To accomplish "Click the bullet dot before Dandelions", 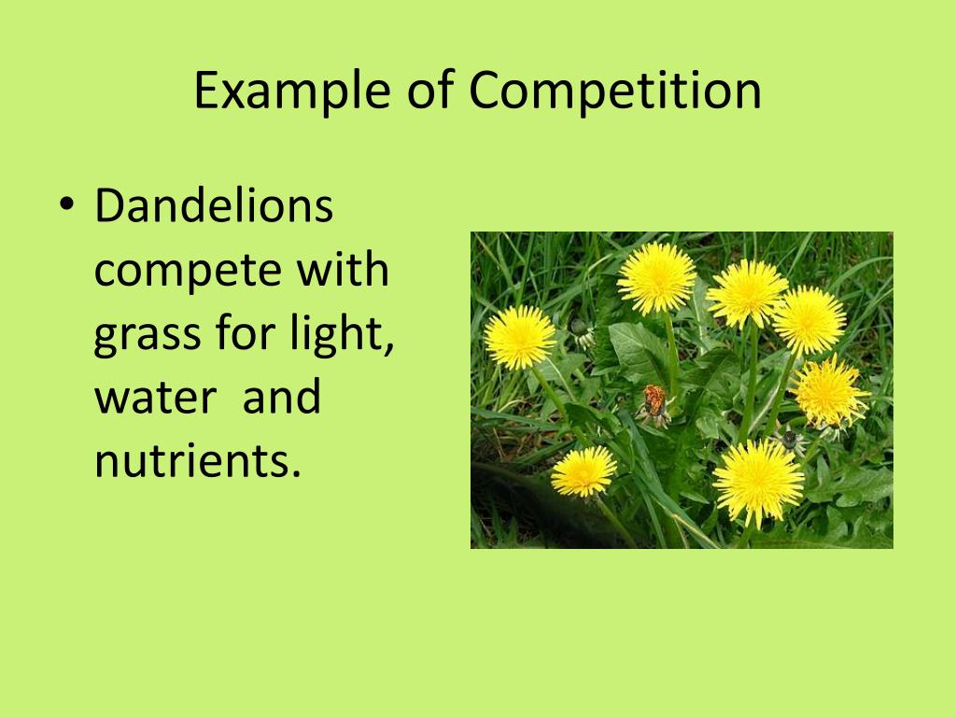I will pyautogui.click(x=64, y=208).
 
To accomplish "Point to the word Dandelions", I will pyautogui.click(x=214, y=207).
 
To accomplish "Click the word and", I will pyautogui.click(x=281, y=398).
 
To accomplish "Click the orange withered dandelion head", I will pyautogui.click(x=654, y=402).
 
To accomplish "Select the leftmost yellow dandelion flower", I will pyautogui.click(x=520, y=337).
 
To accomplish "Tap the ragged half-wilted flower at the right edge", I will pyautogui.click(x=830, y=392).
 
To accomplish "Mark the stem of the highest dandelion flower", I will pyautogui.click(x=671, y=355).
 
